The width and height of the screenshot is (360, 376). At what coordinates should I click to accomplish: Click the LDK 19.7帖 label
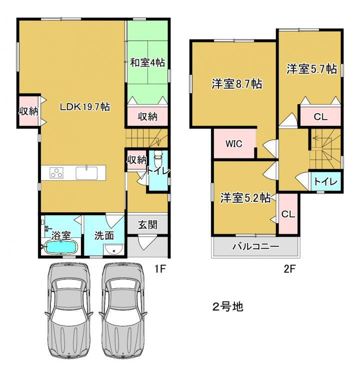(85, 107)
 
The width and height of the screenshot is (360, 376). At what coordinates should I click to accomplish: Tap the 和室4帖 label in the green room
(147, 63)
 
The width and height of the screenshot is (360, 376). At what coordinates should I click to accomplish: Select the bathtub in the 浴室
(61, 247)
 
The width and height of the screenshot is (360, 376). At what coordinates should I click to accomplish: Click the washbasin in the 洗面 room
(114, 249)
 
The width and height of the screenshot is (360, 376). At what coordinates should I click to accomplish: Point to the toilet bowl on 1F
(158, 157)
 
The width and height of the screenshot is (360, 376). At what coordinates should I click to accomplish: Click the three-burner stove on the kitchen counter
(56, 173)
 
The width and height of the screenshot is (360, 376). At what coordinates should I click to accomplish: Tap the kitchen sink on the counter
(86, 173)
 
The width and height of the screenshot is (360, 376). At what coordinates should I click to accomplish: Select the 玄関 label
(147, 225)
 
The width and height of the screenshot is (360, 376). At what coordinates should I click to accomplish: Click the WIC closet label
(234, 144)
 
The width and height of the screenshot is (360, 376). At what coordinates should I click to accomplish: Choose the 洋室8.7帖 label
(236, 84)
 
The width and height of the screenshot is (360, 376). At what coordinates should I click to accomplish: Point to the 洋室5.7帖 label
(311, 69)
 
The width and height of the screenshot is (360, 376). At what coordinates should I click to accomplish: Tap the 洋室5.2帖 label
(245, 198)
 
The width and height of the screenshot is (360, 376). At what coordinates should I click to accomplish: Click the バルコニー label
(256, 246)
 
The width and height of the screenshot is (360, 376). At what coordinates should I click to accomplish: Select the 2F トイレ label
(325, 182)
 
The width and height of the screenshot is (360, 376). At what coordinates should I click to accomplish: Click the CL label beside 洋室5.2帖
(288, 214)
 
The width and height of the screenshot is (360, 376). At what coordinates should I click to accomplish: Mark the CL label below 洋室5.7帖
(320, 117)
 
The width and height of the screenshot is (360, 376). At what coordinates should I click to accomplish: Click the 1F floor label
(160, 269)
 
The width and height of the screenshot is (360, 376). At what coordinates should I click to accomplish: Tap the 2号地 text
(228, 307)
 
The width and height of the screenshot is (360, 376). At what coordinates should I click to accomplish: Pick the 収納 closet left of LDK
(28, 111)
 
